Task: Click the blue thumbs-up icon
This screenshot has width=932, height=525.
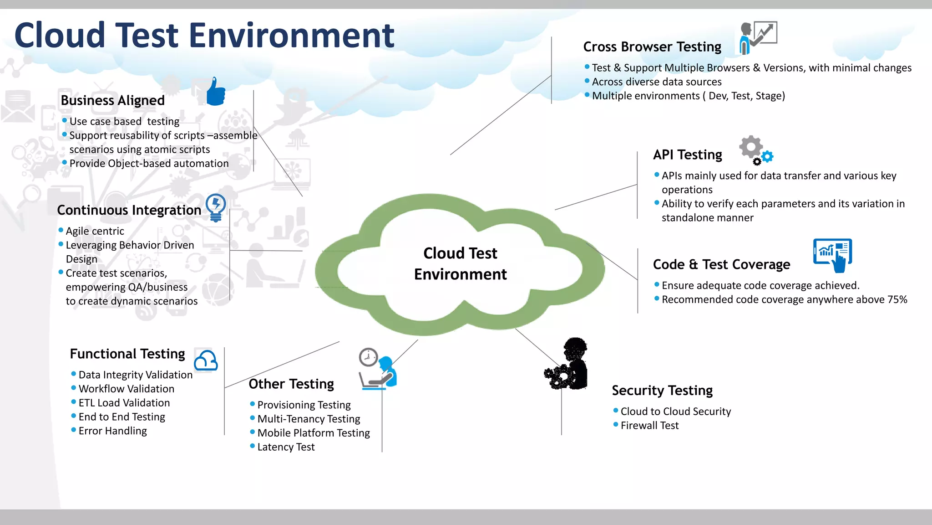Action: point(216,92)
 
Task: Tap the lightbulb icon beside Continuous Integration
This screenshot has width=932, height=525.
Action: point(216,207)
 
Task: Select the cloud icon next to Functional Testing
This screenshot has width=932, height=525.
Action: point(206,360)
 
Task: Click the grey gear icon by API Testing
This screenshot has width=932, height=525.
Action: point(751,147)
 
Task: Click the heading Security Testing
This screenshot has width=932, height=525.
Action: point(662,391)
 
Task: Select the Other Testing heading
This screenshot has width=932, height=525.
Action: point(291,384)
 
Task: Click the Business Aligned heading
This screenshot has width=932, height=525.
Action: point(113,100)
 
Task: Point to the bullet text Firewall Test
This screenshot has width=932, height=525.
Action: point(649,426)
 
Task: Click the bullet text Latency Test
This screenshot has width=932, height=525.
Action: point(286,447)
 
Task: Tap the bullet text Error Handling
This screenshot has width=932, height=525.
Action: point(112,431)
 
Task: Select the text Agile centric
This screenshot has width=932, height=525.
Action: point(95,231)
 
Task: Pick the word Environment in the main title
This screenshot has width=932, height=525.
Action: point(291,35)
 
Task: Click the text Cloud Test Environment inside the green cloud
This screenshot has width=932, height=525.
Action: point(460,263)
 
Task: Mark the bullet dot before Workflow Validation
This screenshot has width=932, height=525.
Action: point(73,388)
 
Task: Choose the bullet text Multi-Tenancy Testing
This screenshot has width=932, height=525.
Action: point(309,419)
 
